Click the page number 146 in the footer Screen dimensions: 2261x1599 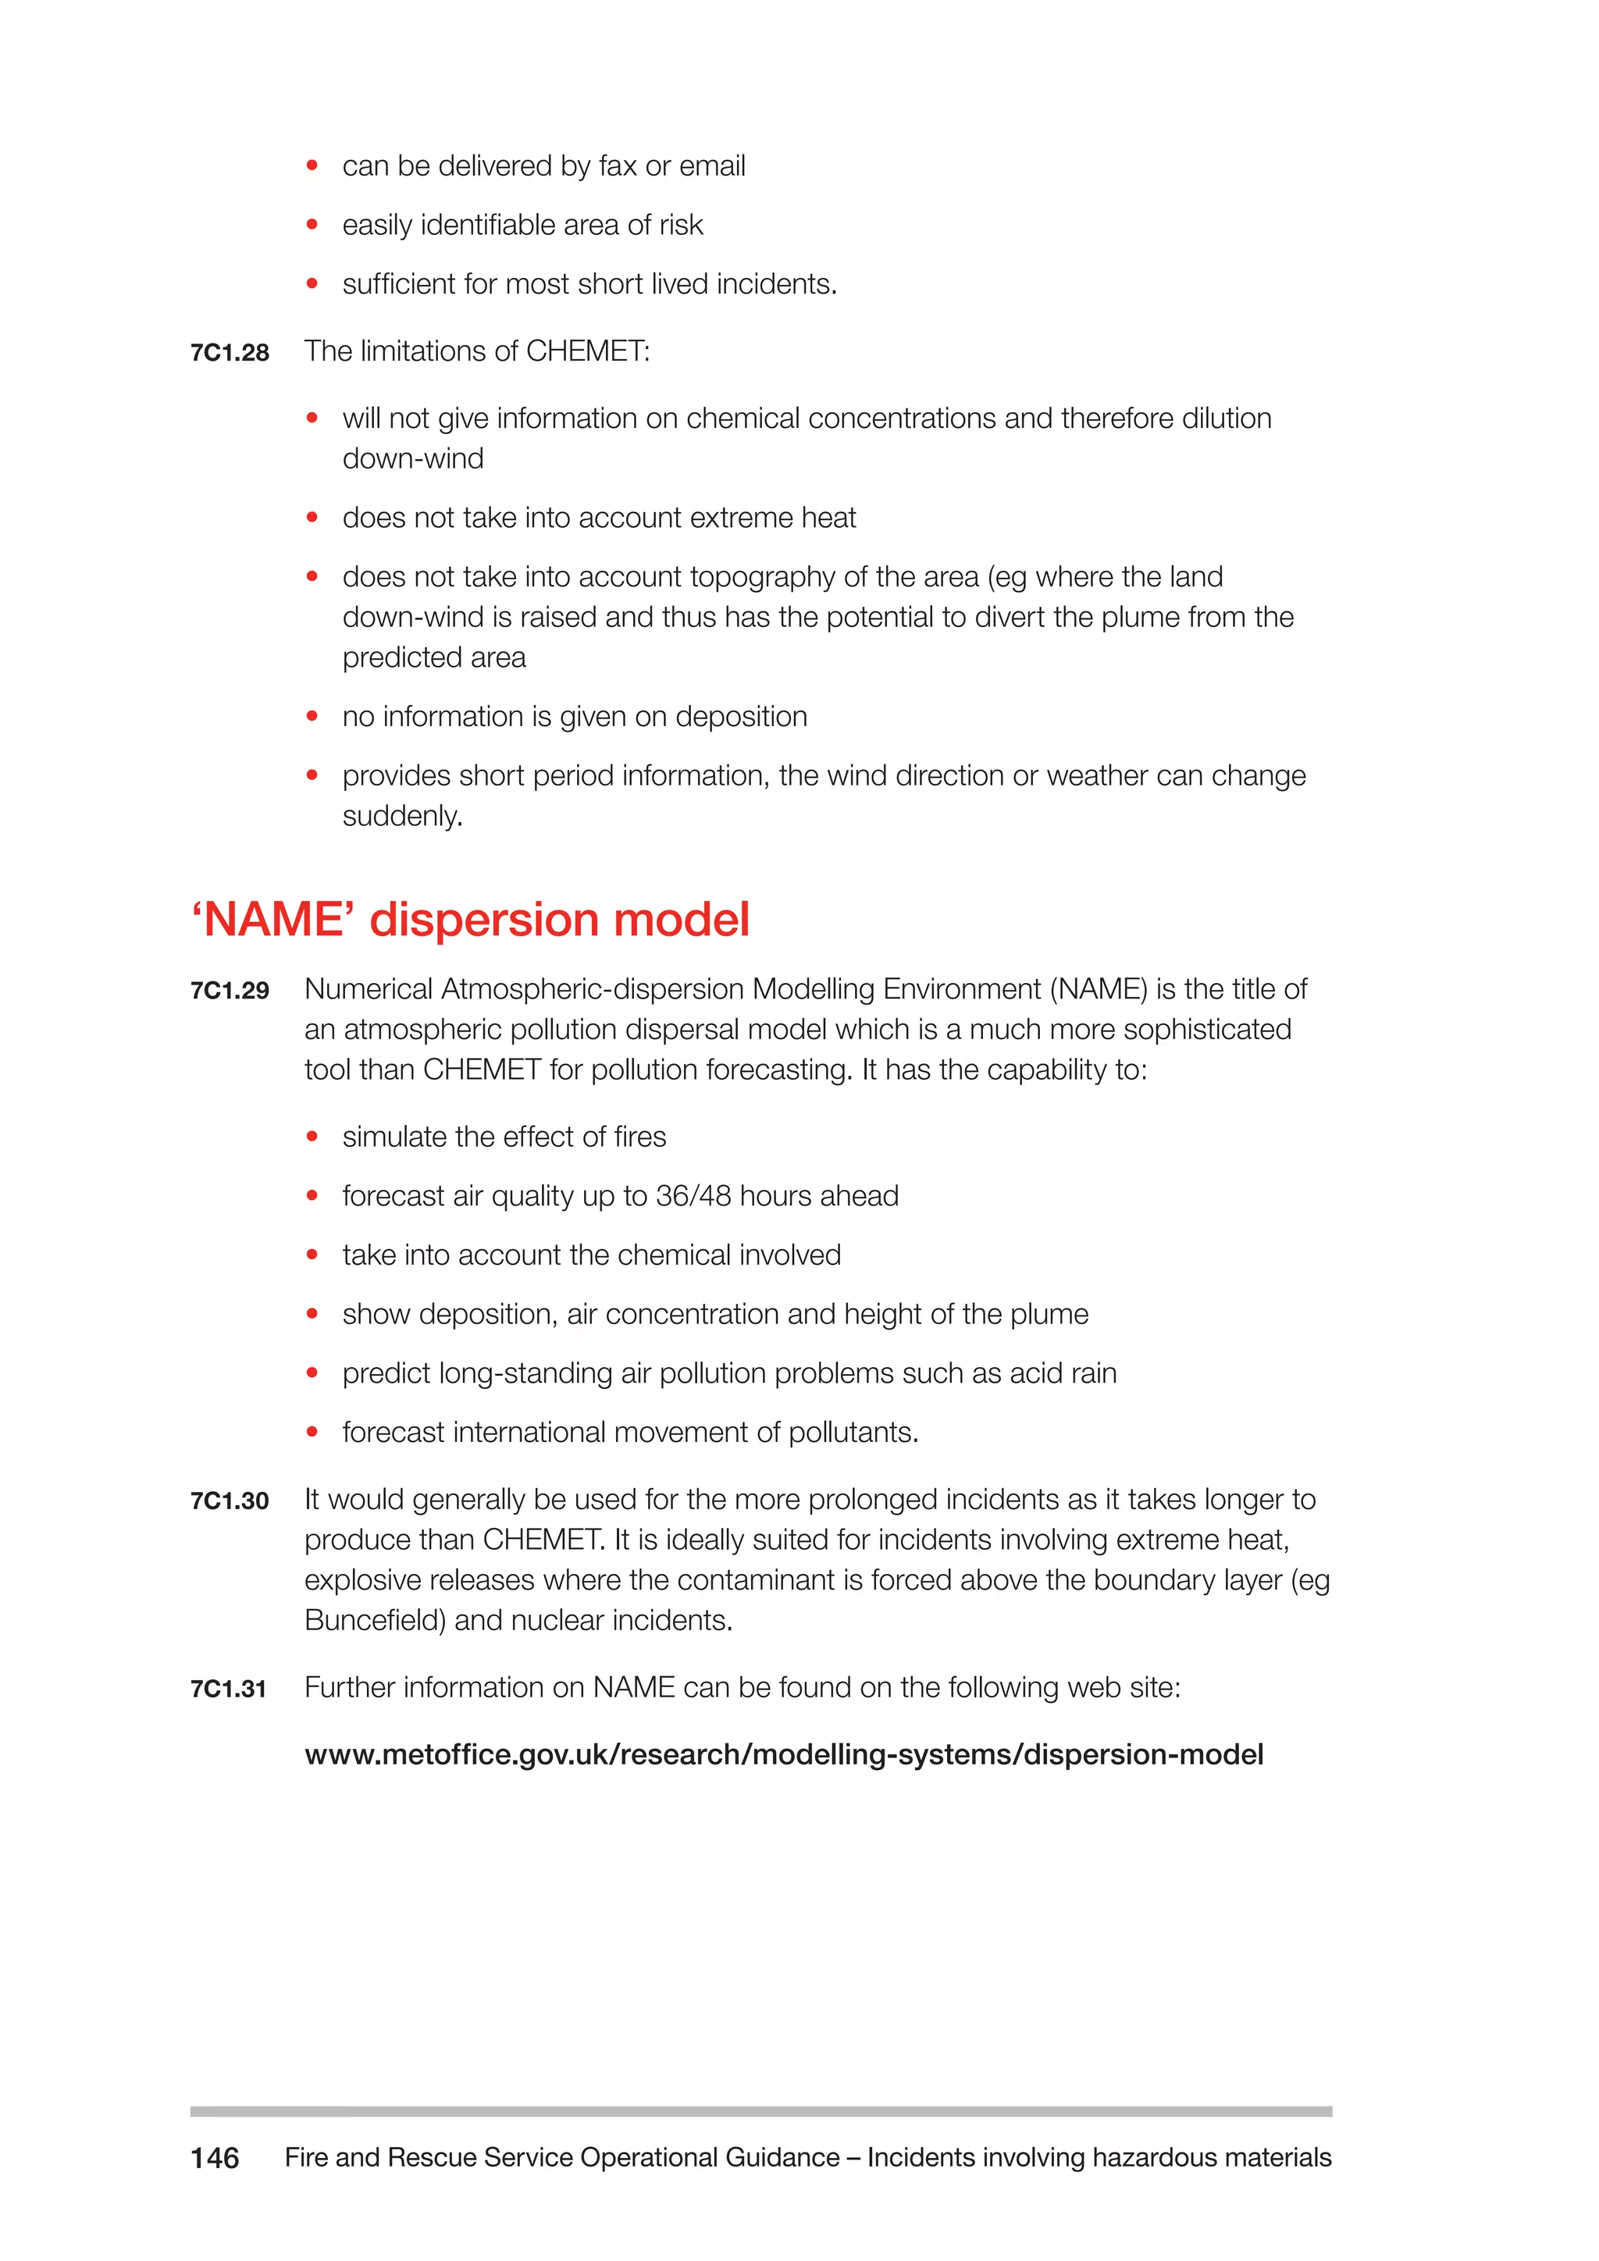pyautogui.click(x=215, y=2158)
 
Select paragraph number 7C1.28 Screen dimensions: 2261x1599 pyautogui.click(x=230, y=353)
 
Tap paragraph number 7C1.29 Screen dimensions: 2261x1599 pyautogui.click(x=230, y=991)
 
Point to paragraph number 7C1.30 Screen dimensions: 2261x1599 pyautogui.click(x=230, y=1501)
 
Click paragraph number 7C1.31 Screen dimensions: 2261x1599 pyautogui.click(x=229, y=1689)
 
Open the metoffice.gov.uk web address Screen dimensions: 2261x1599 pyautogui.click(x=784, y=1755)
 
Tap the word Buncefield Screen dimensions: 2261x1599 pyautogui.click(x=374, y=1620)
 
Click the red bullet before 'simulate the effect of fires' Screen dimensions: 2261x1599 pyautogui.click(x=312, y=1137)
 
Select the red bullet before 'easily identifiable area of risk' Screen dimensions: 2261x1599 pyautogui.click(x=312, y=225)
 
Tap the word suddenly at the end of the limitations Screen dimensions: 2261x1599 pyautogui.click(x=402, y=817)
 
